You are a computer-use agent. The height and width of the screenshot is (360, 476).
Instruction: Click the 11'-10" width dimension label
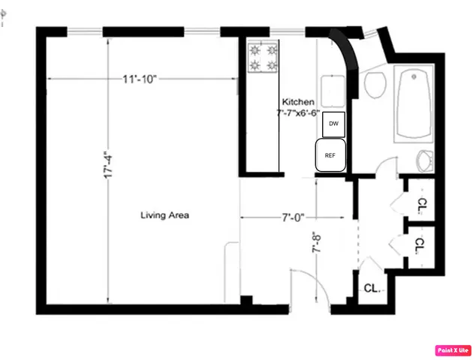[140, 79]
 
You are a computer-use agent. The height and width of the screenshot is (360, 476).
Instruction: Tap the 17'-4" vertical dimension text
[110, 166]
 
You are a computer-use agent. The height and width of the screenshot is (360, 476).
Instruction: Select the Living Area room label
[165, 215]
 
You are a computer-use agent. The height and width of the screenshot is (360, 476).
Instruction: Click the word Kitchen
[297, 102]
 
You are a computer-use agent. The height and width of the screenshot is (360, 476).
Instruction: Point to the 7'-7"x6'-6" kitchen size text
[298, 113]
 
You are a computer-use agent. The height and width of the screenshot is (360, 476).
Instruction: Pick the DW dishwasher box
[333, 123]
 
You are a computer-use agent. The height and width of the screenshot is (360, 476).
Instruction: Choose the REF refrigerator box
[330, 155]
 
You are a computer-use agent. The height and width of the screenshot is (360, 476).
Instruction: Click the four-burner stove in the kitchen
[263, 58]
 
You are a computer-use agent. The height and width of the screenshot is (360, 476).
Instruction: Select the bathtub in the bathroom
[414, 103]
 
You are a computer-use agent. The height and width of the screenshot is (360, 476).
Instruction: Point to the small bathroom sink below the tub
[425, 160]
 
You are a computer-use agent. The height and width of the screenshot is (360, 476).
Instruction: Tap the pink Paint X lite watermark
[453, 349]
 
